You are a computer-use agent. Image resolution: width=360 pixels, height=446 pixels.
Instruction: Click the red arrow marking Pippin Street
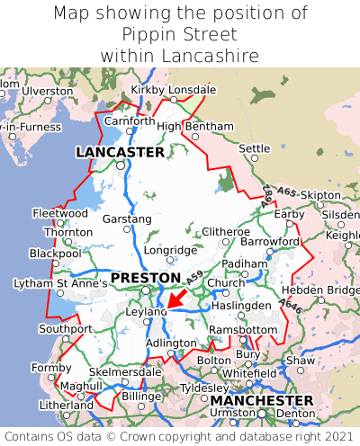coord(176,297)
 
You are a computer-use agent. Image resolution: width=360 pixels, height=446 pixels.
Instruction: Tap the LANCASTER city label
coord(120,152)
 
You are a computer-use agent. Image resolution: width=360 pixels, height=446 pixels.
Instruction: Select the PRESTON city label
coord(145,277)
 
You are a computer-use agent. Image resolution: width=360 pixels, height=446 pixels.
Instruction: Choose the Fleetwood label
coord(59,213)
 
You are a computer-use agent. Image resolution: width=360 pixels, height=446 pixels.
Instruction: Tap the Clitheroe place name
coord(225,231)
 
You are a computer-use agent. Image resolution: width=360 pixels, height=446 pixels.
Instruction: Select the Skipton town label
coord(321,194)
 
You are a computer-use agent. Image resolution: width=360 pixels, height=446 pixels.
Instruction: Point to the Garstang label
coord(127,219)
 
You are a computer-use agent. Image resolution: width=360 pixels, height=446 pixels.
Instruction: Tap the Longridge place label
coord(170,250)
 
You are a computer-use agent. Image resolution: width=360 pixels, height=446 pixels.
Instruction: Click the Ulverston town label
coord(48,91)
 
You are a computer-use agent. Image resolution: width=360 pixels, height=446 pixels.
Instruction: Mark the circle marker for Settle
coord(255,158)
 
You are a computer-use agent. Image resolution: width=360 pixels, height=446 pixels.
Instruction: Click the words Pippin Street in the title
coord(180,34)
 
